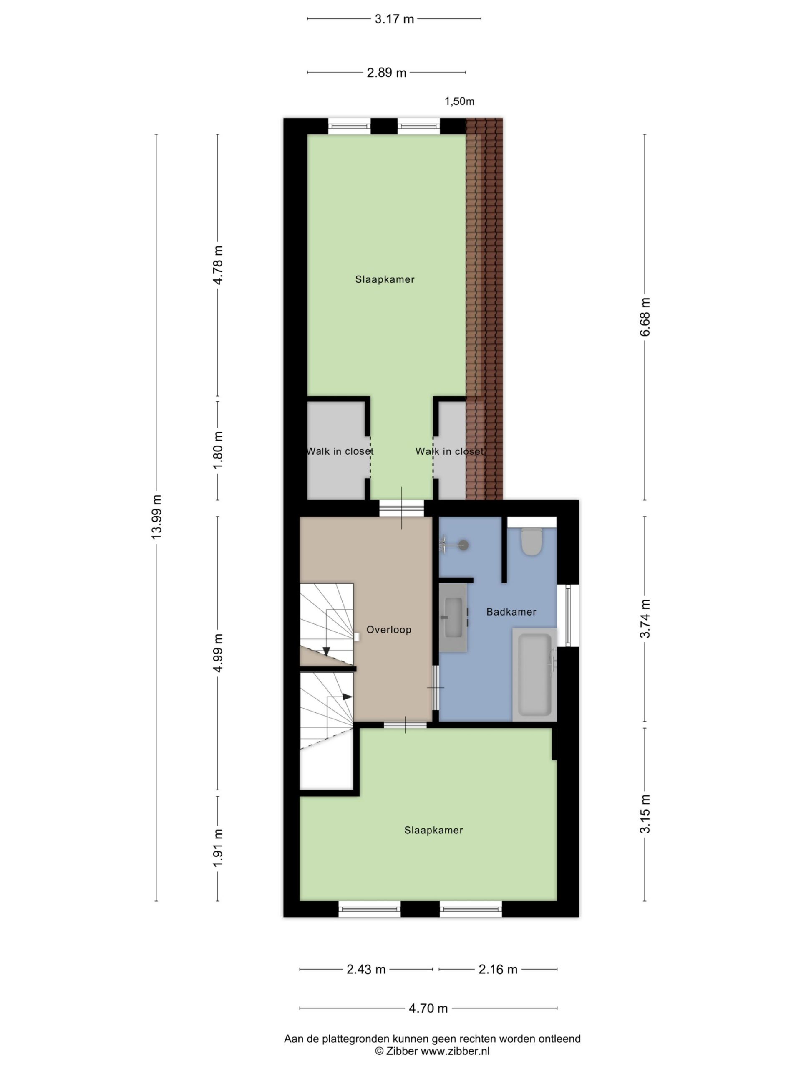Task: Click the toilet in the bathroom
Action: click(x=531, y=541)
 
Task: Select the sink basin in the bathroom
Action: click(x=453, y=618)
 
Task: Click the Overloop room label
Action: click(x=389, y=630)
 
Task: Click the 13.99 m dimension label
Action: click(x=156, y=517)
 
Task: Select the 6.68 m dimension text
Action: click(x=645, y=317)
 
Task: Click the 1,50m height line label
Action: click(x=459, y=101)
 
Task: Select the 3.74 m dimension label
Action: click(x=645, y=618)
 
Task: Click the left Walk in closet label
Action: click(x=340, y=451)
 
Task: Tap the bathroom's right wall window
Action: click(x=568, y=615)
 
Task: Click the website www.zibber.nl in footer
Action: click(x=455, y=1051)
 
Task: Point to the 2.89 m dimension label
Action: click(x=386, y=73)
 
